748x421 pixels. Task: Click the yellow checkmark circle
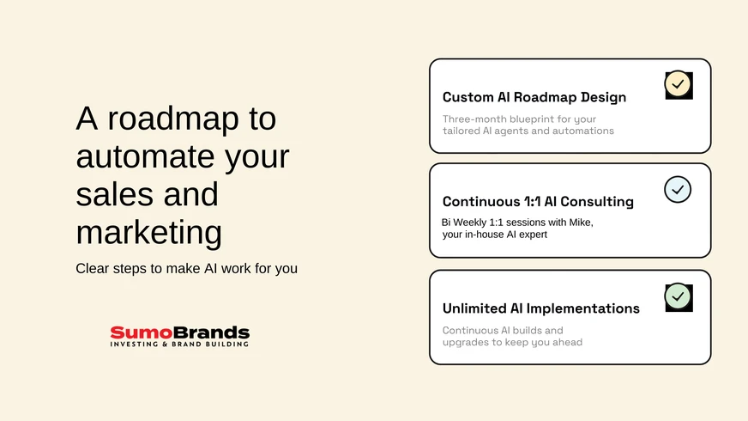678,84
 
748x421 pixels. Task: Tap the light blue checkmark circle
678,190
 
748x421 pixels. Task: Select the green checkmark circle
678,296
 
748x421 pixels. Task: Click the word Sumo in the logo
142,333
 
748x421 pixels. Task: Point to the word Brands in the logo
211,333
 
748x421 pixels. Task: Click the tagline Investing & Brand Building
180,344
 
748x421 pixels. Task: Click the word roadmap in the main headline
173,119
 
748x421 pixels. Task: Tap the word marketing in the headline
149,233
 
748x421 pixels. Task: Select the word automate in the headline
145,156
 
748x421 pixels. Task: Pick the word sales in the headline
112,194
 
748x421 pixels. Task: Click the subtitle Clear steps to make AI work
186,269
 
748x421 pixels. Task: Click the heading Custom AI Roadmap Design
534,97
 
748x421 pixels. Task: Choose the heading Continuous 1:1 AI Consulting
538,202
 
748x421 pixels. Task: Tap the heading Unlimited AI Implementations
541,308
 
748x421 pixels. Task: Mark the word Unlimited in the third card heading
474,308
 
